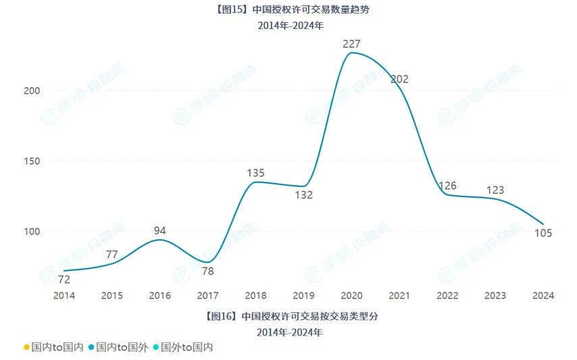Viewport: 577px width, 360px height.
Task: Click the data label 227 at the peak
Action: [x=351, y=44]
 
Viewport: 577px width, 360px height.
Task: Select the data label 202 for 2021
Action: [x=399, y=79]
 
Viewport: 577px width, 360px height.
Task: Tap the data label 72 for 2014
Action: [x=64, y=280]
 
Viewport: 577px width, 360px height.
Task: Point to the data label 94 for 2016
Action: [x=159, y=230]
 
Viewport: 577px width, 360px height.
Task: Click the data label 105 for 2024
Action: [x=543, y=233]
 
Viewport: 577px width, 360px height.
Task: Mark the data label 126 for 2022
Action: [x=447, y=186]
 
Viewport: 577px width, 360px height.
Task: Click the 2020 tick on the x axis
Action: [x=351, y=295]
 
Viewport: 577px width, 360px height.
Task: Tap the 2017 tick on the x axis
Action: [x=207, y=295]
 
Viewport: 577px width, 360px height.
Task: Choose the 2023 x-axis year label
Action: [x=495, y=295]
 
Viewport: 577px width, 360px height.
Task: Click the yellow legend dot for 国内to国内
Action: [x=26, y=347]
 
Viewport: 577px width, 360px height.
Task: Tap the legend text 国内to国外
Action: [x=122, y=347]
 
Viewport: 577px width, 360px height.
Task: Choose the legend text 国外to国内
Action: [x=187, y=347]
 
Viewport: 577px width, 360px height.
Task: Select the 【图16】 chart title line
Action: [x=288, y=315]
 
